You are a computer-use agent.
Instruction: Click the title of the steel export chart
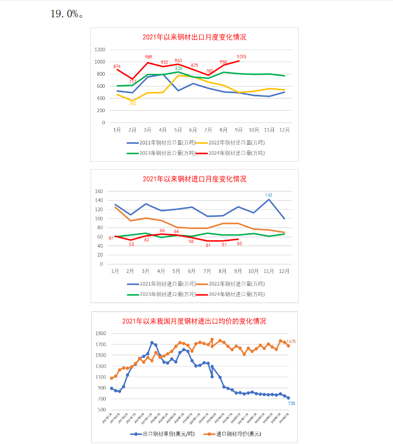[194, 37]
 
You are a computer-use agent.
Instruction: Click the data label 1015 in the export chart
[242, 57]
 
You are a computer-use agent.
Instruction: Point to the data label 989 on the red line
[149, 57]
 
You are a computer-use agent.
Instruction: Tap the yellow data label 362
[133, 103]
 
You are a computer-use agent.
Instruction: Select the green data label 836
[179, 68]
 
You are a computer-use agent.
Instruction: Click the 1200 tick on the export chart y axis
[100, 50]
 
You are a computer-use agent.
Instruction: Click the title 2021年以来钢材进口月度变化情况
[194, 179]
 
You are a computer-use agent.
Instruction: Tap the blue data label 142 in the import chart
[269, 195]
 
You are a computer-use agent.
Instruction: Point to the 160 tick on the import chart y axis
[99, 191]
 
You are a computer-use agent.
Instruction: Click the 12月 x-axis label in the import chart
[284, 271]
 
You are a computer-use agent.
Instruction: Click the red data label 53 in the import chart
[131, 244]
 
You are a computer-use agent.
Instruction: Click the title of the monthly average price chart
[194, 321]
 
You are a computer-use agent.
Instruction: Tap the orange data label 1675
[291, 342]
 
